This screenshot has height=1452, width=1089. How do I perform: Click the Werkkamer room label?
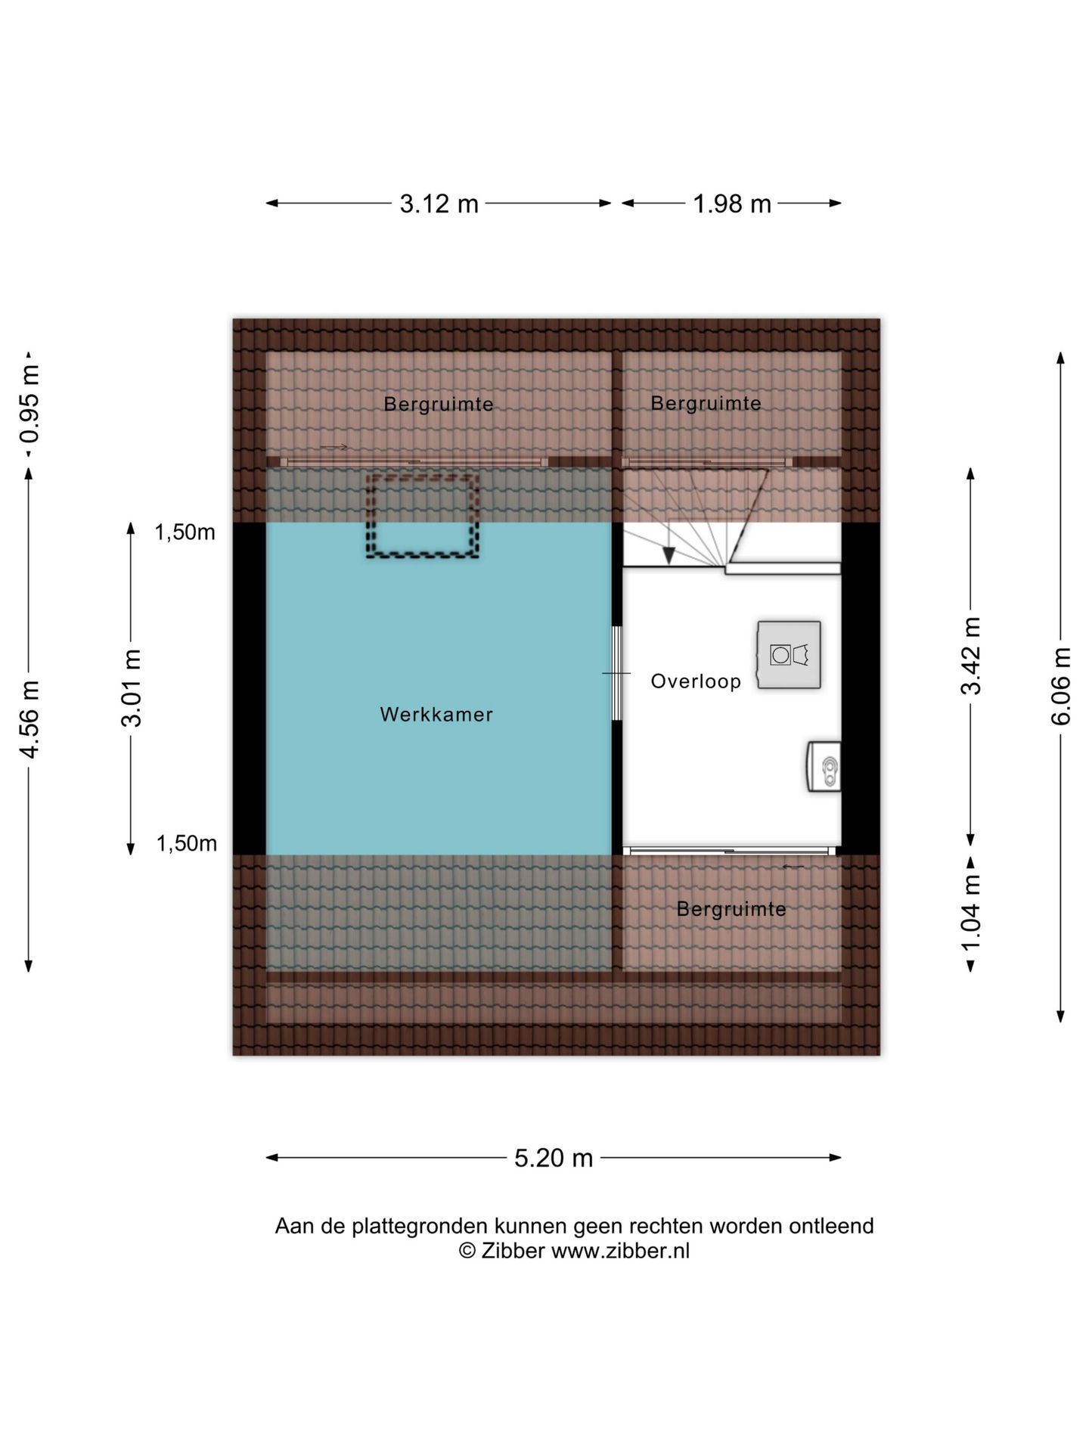point(436,715)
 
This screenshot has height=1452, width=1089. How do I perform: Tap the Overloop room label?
point(696,681)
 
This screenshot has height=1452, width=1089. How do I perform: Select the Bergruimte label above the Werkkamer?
point(439,404)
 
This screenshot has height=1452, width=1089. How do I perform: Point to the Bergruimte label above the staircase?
point(706,403)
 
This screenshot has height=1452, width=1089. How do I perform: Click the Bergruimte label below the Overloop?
point(731,908)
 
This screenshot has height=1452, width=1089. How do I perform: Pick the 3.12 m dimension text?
point(439,203)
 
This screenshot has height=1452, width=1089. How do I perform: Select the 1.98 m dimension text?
point(732,203)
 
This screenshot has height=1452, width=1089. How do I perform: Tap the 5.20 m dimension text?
point(554,1158)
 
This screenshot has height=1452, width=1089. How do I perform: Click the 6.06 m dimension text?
point(1061,686)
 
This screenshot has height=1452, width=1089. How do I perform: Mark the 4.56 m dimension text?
point(29,719)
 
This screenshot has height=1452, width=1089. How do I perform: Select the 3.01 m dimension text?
point(131,688)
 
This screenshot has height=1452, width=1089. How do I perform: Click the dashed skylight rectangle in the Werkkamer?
point(423,477)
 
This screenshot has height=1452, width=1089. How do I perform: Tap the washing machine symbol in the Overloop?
point(789,655)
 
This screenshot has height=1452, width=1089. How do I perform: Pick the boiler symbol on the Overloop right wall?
point(824,767)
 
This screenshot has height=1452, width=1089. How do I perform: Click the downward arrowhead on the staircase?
point(669,556)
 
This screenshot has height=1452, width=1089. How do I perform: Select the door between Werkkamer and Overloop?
point(617,673)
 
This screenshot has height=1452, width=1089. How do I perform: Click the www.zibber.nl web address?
point(620,1251)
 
